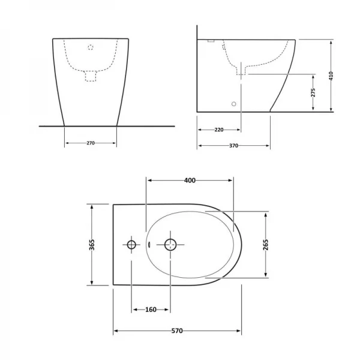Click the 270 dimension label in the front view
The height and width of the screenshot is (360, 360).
pyautogui.click(x=90, y=143)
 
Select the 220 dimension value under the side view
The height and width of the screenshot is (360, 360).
pyautogui.click(x=219, y=130)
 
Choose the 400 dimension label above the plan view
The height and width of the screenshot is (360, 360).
pyautogui.click(x=190, y=181)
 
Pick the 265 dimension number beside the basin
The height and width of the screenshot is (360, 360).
pyautogui.click(x=265, y=244)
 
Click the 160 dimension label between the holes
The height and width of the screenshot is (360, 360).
pyautogui.click(x=151, y=310)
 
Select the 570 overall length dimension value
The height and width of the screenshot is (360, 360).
pyautogui.click(x=177, y=331)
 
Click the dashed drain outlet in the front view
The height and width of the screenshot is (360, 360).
pyautogui.click(x=91, y=76)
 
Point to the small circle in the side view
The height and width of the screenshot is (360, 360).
pyautogui.click(x=234, y=103)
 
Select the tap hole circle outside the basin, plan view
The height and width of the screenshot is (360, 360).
pyautogui.click(x=131, y=244)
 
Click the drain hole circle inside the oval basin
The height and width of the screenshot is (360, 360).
pyautogui.click(x=170, y=244)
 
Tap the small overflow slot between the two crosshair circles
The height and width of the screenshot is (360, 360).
pyautogui.click(x=148, y=244)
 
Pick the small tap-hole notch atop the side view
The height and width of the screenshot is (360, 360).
pyautogui.click(x=211, y=41)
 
